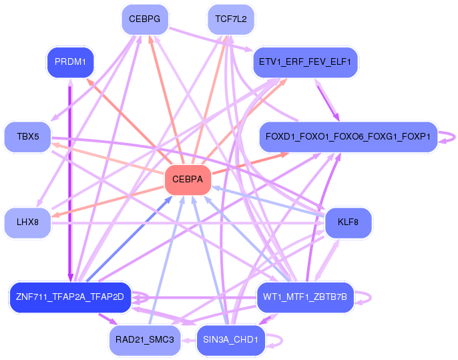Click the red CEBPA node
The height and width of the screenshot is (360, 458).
tap(188, 180)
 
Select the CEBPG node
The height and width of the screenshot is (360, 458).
tap(145, 19)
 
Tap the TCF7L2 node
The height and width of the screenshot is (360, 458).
tap(231, 19)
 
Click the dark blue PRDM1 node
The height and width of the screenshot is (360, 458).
tap(70, 62)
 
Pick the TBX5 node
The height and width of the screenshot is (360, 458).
tap(28, 137)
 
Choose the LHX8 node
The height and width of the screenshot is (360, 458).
tap(28, 222)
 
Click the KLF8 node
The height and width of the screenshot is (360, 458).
tap(348, 222)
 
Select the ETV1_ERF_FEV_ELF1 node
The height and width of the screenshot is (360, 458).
tap(305, 62)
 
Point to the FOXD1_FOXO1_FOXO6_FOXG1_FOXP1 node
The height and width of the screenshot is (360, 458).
tap(348, 137)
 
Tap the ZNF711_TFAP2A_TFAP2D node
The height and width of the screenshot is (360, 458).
tap(70, 297)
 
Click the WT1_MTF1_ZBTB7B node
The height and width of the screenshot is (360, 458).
tap(305, 297)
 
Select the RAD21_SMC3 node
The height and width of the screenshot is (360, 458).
tap(145, 340)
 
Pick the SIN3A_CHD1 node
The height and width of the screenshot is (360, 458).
tap(231, 340)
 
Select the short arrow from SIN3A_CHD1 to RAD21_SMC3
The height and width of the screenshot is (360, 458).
tap(189, 340)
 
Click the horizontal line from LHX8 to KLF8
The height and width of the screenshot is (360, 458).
tap(188, 224)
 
